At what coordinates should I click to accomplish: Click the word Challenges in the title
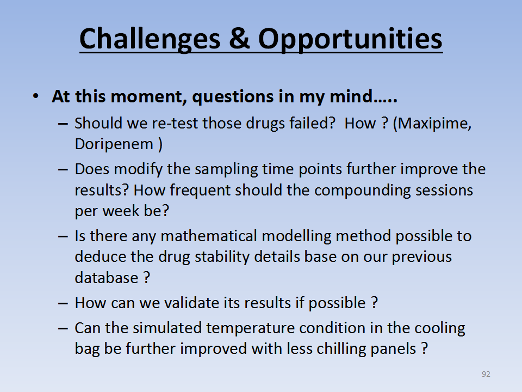point(150,39)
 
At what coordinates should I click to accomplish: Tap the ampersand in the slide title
point(239,38)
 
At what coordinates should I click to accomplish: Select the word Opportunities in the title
point(350,39)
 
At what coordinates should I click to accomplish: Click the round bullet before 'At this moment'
point(36,96)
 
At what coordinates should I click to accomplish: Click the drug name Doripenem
point(114,144)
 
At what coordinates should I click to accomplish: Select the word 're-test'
point(175,124)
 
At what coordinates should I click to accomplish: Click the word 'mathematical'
point(209,236)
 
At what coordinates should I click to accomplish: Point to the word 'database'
point(107,278)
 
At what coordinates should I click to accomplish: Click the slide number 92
point(486,374)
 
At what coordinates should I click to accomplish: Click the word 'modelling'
point(297,236)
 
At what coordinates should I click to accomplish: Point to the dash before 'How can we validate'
point(63,303)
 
